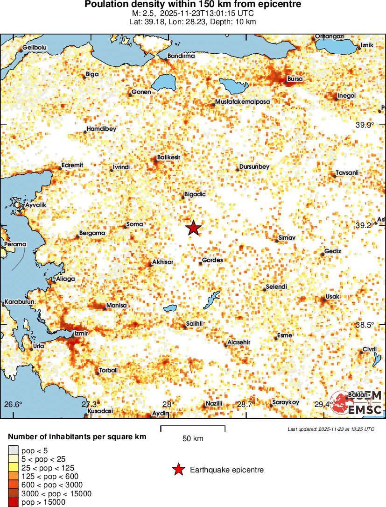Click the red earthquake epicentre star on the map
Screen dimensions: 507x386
tap(193, 228)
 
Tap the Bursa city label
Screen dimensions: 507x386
tap(295, 79)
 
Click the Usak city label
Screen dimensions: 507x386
tap(333, 297)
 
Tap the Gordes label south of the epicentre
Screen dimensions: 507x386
tap(212, 260)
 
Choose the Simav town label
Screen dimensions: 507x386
tap(287, 238)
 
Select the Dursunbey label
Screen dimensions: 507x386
tap(254, 166)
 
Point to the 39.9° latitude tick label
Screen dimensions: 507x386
tap(365, 125)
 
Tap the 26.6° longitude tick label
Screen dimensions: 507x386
tap(14, 404)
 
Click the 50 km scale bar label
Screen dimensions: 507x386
tap(193, 438)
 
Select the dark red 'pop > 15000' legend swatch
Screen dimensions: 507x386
tap(13, 502)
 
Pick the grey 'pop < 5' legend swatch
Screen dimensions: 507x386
tap(13, 450)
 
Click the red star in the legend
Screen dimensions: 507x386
tap(178, 470)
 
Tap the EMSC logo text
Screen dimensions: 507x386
tap(365, 410)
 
